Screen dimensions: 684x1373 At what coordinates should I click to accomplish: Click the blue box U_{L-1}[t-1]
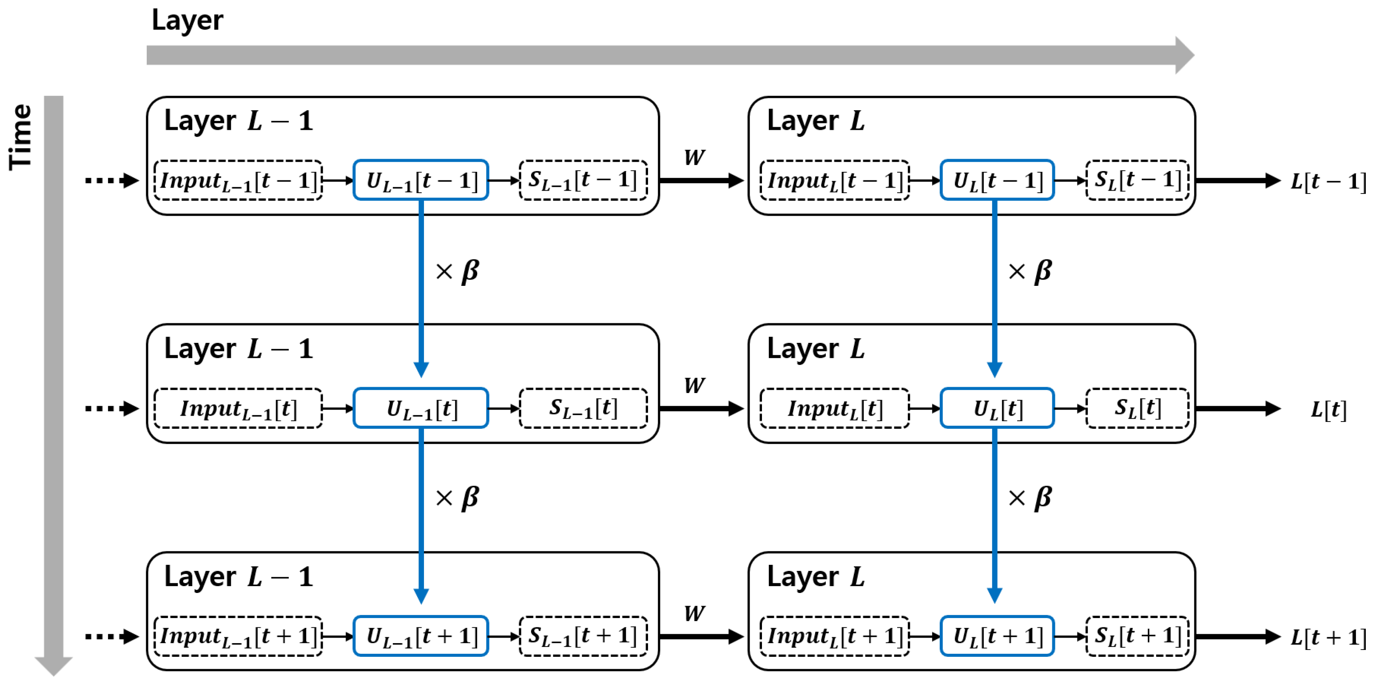tap(421, 180)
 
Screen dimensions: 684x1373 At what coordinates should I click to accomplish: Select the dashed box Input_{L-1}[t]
tap(238, 408)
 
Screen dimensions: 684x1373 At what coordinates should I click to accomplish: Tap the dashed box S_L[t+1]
tap(1137, 636)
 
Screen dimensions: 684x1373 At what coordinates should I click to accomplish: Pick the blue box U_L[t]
tap(997, 408)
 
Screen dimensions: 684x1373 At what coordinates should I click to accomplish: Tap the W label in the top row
tap(694, 157)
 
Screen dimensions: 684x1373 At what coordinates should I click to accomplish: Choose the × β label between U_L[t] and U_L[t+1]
tap(1030, 498)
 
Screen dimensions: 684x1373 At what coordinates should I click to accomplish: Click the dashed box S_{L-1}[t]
tap(583, 408)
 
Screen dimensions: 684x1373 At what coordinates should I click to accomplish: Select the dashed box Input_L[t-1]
tap(834, 180)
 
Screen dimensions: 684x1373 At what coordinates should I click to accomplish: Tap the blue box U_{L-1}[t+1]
tap(421, 636)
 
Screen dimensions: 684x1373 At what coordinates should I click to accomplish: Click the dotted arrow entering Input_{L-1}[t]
tap(112, 408)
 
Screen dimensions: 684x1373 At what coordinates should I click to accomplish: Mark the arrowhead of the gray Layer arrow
tap(1184, 55)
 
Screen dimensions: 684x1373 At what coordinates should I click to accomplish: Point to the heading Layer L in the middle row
tap(815, 349)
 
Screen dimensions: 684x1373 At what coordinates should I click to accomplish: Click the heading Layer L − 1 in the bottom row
tap(238, 577)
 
